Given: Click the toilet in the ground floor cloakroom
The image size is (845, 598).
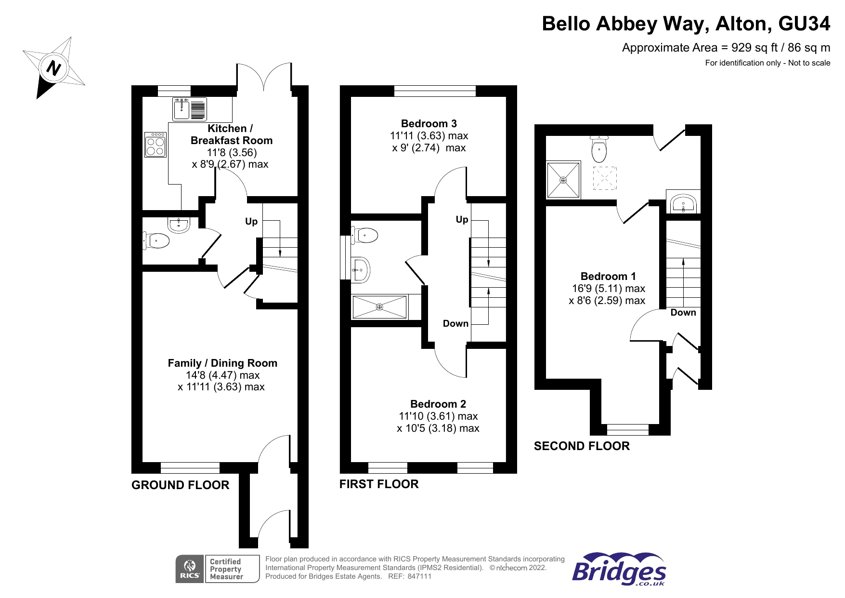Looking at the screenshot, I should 157,240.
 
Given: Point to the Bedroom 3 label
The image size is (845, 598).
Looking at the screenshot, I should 429,124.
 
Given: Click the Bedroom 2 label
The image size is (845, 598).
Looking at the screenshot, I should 438,404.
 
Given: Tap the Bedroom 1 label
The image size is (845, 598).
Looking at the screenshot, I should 608,276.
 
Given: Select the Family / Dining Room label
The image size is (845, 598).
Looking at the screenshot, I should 222,363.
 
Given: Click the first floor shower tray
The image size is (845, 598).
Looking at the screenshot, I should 379,307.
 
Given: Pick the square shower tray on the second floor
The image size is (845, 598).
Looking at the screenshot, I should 563,180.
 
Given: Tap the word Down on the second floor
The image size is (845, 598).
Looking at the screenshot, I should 683,313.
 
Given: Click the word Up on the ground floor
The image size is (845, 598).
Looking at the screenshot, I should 251,222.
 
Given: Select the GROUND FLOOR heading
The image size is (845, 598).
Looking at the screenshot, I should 180,485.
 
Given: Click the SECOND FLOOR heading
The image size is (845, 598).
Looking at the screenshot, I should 581,446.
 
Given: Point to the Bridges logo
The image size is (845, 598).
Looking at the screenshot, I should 619,570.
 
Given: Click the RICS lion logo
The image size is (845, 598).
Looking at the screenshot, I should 190,569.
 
